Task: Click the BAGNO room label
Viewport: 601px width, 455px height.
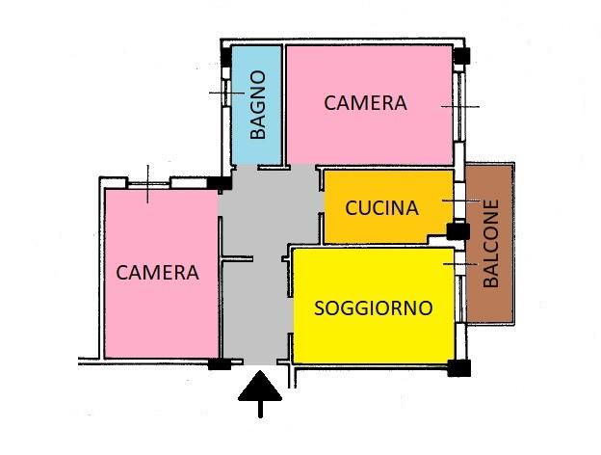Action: pos(257,104)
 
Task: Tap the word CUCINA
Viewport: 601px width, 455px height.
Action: pos(381,208)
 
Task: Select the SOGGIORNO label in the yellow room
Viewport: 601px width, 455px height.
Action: pos(374,308)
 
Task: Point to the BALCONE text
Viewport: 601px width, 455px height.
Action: pos(491,243)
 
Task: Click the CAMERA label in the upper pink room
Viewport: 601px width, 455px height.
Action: pos(365,103)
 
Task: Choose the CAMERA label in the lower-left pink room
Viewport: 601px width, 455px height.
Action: pos(157,273)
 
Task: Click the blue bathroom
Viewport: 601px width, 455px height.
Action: pos(257,105)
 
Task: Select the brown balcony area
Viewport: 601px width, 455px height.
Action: pos(489,244)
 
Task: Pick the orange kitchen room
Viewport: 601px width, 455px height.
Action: pos(387,207)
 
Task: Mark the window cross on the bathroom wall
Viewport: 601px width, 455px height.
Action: pos(226,93)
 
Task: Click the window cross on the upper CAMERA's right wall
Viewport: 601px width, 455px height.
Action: pos(460,106)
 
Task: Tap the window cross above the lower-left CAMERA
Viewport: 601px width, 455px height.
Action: pos(147,184)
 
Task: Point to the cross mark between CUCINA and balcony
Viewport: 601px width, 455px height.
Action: pos(461,201)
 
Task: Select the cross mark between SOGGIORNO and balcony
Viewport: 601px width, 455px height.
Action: pos(460,263)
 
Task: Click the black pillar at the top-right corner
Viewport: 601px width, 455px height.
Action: pos(461,56)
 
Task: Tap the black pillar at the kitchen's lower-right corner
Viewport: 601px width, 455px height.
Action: pos(458,231)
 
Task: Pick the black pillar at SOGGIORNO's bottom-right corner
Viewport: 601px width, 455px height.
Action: pos(458,368)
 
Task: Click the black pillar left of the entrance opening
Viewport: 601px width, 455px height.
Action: pos(220,363)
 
